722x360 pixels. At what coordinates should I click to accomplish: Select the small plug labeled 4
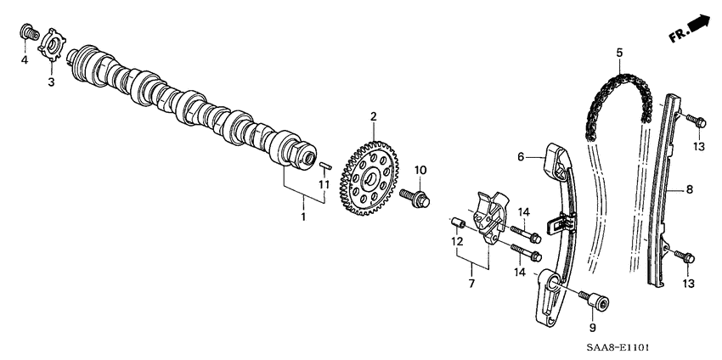(x=27, y=35)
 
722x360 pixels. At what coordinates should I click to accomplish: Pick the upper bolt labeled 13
(x=694, y=121)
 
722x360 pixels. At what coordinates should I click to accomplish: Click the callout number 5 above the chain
(x=619, y=53)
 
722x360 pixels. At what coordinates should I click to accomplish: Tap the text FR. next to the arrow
(x=677, y=35)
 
